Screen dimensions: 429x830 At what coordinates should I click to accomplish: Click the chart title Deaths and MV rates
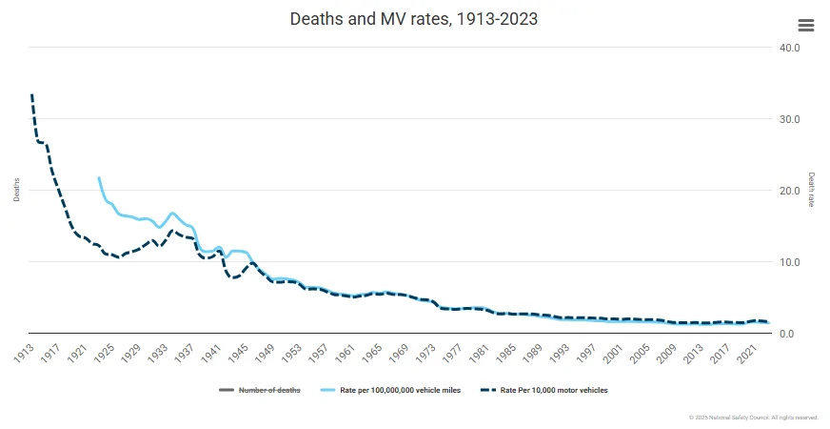[x=414, y=20]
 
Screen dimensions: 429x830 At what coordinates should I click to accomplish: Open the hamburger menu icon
[x=805, y=26]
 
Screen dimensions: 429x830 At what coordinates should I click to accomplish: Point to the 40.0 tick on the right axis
[x=789, y=48]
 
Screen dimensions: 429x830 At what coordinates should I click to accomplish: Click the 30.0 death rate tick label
[x=789, y=119]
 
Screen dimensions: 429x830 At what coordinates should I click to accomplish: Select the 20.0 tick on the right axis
[x=789, y=191]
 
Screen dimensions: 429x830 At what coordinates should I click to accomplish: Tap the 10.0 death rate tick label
[x=789, y=262]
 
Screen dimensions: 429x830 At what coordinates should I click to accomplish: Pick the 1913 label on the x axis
[x=24, y=351]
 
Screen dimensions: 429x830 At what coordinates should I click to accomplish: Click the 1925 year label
[x=104, y=351]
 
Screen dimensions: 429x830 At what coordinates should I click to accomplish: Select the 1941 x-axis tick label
[x=210, y=351]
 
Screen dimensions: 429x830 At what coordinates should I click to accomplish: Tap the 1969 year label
[x=397, y=351]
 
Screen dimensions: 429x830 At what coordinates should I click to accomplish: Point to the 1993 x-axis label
[x=557, y=351]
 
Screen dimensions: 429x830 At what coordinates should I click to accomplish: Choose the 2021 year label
[x=743, y=351]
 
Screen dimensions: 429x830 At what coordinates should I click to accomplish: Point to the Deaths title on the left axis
[x=16, y=190]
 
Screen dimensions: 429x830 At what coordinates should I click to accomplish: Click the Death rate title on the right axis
[x=811, y=190]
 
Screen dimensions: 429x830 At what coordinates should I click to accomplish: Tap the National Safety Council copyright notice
[x=753, y=418]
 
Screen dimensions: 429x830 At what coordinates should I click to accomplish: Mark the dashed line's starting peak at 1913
[x=31, y=95]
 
